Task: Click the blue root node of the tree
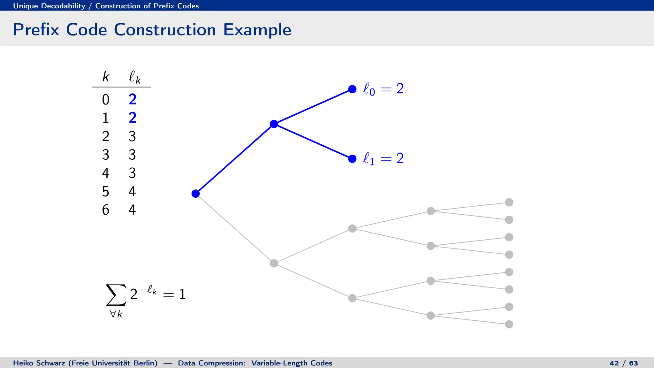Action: coord(195,194)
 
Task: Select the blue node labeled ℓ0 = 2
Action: coord(352,89)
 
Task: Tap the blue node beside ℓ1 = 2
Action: coord(352,159)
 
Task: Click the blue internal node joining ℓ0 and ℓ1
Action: coord(274,124)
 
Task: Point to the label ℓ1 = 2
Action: coord(383,158)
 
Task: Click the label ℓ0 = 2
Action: coord(383,89)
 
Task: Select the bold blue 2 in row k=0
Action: coord(133,99)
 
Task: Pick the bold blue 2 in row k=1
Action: coord(133,118)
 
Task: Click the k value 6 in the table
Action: coord(105,210)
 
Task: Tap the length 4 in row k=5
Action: coord(132,191)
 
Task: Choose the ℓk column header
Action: coord(134,77)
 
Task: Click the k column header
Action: coord(106,77)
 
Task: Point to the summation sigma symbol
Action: coord(116,295)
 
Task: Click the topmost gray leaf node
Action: coord(509,202)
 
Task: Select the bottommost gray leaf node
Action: coord(509,324)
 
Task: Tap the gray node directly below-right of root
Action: coord(274,263)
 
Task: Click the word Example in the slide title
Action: coord(257,30)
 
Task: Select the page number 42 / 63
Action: coord(623,363)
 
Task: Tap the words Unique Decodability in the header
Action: coord(49,6)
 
